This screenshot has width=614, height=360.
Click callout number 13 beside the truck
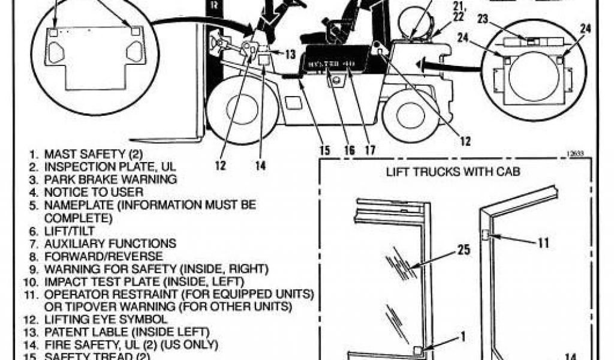click(290, 55)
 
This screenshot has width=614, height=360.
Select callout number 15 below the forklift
click(324, 151)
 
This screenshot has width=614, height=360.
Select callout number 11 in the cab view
click(543, 243)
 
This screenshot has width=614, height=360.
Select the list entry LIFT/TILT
click(69, 230)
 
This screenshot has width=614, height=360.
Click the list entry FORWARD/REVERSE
click(90, 256)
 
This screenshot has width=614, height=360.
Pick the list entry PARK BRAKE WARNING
click(110, 179)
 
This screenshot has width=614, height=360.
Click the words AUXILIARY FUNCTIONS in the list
click(110, 244)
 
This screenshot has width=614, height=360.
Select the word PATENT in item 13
click(62, 332)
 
